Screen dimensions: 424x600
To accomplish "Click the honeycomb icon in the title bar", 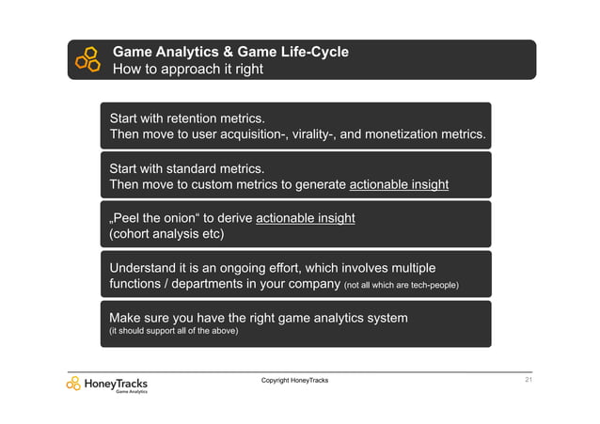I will click(87, 59).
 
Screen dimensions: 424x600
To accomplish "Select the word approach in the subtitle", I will click(183, 69).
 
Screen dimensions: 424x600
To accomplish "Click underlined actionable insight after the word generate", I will click(399, 184).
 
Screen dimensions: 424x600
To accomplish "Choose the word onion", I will click(180, 219).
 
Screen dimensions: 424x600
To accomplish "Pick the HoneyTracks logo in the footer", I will click(106, 384).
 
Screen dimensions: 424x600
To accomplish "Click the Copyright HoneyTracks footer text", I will click(294, 380).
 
